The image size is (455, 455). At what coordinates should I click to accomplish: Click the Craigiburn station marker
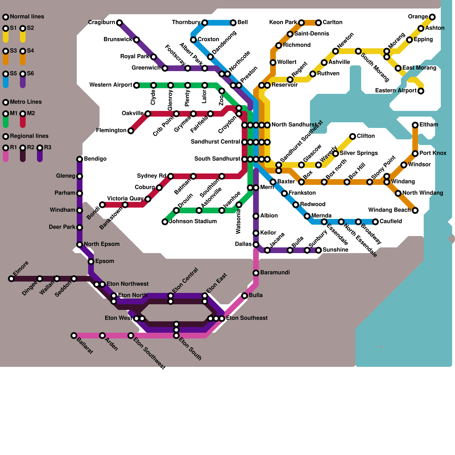pos(119,22)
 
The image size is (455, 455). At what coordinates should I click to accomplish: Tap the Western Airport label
pos(111,85)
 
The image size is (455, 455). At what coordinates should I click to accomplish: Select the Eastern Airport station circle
pos(421,91)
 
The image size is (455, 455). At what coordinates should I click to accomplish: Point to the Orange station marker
pos(432,17)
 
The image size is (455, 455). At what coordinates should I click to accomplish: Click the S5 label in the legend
pos(13,74)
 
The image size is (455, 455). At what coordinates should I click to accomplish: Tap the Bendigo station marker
pos(80,159)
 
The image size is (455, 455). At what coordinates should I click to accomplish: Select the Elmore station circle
pos(11,279)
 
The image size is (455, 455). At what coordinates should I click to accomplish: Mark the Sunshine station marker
pos(318,250)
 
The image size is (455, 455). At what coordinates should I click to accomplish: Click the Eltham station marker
pos(415,125)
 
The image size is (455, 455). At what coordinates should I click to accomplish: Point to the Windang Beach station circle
pos(415,210)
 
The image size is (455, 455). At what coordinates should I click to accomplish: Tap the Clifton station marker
pos(353,136)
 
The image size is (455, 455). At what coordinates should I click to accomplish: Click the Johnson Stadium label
pos(193,222)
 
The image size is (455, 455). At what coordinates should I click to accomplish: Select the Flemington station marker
pos(131,131)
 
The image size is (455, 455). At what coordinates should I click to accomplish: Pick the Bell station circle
pos(233,23)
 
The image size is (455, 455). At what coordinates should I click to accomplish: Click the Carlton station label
pos(332,22)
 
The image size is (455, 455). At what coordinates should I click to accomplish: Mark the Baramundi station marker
pos(256,273)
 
